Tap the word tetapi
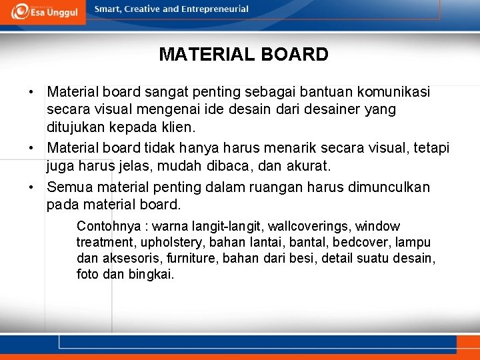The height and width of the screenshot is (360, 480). click(432, 147)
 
